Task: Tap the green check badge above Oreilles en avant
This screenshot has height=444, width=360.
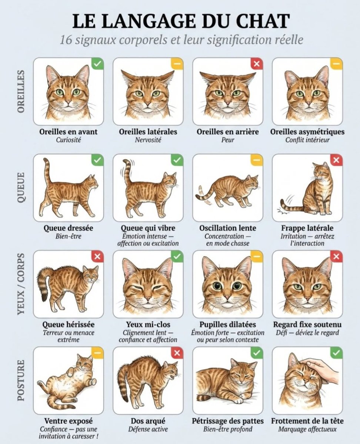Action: (97, 64)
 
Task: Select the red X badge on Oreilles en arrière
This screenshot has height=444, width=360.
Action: (257, 64)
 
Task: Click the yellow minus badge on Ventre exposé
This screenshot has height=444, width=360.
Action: (97, 353)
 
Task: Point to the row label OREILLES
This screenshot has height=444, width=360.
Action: (21, 91)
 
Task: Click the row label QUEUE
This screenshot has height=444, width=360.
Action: (21, 187)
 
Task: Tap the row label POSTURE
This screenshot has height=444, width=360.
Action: (21, 380)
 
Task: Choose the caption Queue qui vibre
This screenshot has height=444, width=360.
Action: (148, 228)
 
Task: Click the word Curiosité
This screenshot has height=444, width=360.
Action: (69, 139)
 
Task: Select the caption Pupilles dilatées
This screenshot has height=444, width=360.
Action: (228, 324)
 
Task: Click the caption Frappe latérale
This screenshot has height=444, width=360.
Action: (307, 228)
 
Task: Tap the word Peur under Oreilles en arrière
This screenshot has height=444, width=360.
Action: (228, 139)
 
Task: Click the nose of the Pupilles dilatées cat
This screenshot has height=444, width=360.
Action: (227, 297)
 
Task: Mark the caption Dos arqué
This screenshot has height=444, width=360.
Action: (148, 421)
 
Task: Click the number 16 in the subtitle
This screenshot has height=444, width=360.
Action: (66, 40)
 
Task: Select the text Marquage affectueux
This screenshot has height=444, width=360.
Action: (307, 429)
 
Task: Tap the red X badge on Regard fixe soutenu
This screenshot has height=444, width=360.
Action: (336, 256)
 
